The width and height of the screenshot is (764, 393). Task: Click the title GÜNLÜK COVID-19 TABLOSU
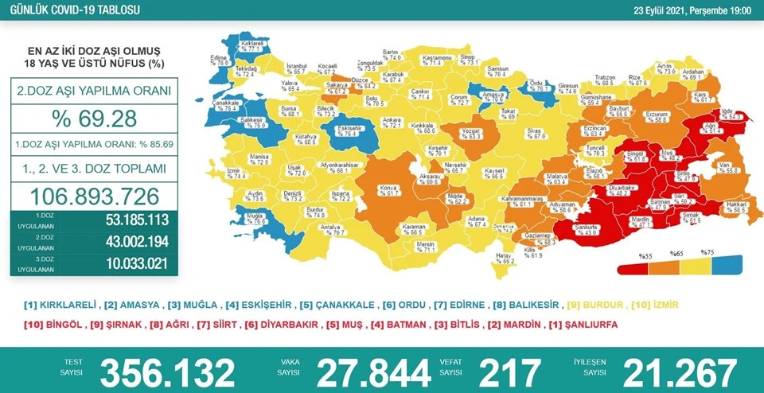click(x=68, y=9)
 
